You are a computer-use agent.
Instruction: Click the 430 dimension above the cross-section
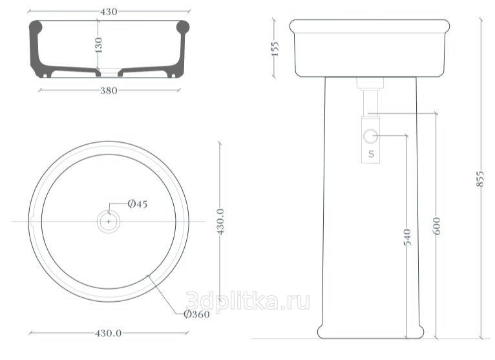(x=109, y=12)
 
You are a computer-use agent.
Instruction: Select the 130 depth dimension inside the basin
(x=98, y=45)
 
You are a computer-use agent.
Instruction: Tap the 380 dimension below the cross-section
(x=109, y=90)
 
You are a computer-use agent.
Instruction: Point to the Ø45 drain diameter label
(x=138, y=204)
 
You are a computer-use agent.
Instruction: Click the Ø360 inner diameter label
(x=196, y=314)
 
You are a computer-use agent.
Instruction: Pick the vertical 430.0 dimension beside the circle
(x=220, y=222)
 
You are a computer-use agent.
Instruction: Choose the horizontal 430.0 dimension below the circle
(x=109, y=333)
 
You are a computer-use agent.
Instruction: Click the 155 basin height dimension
(x=275, y=48)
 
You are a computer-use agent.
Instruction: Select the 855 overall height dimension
(x=480, y=179)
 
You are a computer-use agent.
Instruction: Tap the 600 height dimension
(x=436, y=226)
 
